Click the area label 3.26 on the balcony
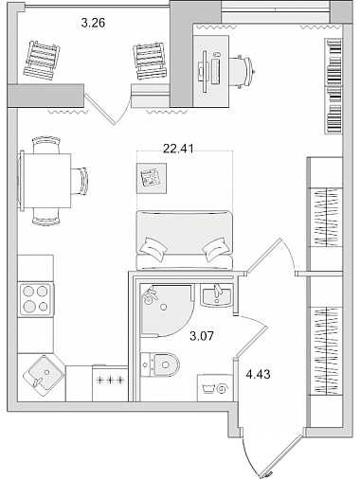point(93,23)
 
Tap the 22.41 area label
point(178,148)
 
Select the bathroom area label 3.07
point(202,336)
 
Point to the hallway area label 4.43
point(258,374)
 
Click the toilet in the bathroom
point(160,364)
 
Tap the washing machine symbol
point(215,388)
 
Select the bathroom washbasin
point(217,295)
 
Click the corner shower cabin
point(167,310)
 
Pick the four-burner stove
point(35,300)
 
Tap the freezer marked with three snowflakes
point(110,383)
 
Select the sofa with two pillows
point(185,240)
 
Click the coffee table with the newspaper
point(152,178)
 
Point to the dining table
point(46,180)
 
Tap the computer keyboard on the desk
point(215,71)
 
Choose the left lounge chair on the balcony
point(41,61)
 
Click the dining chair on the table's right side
point(80,182)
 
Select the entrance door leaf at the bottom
point(281,455)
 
